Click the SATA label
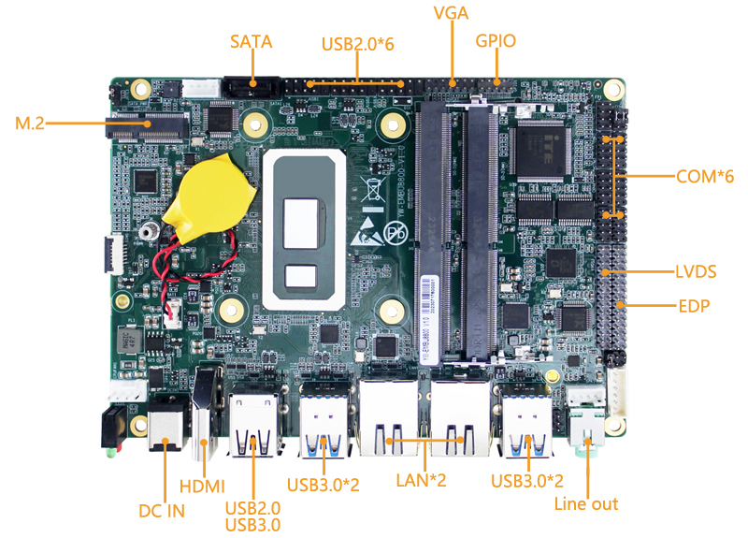252,41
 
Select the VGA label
451,13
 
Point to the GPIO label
496,41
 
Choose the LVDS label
695,272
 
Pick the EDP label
694,306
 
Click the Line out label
586,504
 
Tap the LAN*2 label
424,481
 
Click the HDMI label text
202,486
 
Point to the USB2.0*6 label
357,43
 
